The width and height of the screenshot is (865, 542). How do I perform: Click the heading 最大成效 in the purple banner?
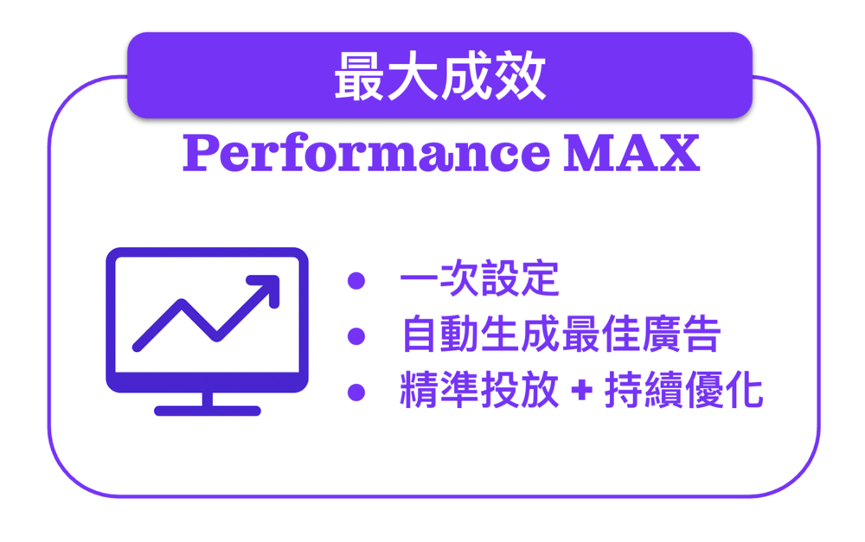pyautogui.click(x=439, y=75)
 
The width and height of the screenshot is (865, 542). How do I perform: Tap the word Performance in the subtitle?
pyautogui.click(x=366, y=153)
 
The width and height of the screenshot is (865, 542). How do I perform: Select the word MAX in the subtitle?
pyautogui.click(x=631, y=153)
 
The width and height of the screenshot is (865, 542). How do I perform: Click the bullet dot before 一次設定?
pyautogui.click(x=356, y=280)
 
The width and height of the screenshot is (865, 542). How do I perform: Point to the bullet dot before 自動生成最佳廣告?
pyautogui.click(x=356, y=335)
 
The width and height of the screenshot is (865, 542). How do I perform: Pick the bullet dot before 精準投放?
pyautogui.click(x=356, y=392)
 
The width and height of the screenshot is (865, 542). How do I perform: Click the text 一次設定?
pyautogui.click(x=479, y=278)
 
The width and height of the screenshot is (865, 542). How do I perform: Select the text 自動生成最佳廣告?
pyautogui.click(x=561, y=335)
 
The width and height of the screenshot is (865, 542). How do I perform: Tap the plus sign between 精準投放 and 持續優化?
pyautogui.click(x=581, y=391)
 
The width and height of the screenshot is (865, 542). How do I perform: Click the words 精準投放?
pyautogui.click(x=479, y=390)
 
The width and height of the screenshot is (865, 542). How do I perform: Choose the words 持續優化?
pyautogui.click(x=683, y=390)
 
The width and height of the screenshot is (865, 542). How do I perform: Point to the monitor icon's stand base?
pyautogui.click(x=208, y=411)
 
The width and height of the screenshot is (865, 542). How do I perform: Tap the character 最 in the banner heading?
pyautogui.click(x=360, y=76)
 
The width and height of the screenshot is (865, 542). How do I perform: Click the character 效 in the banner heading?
pyautogui.click(x=521, y=76)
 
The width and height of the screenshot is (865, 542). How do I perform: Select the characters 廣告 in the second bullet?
pyautogui.click(x=682, y=335)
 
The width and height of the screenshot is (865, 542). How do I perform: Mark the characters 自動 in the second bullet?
pyautogui.click(x=441, y=335)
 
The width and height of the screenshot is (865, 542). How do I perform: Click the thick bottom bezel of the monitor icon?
pyautogui.click(x=208, y=381)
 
